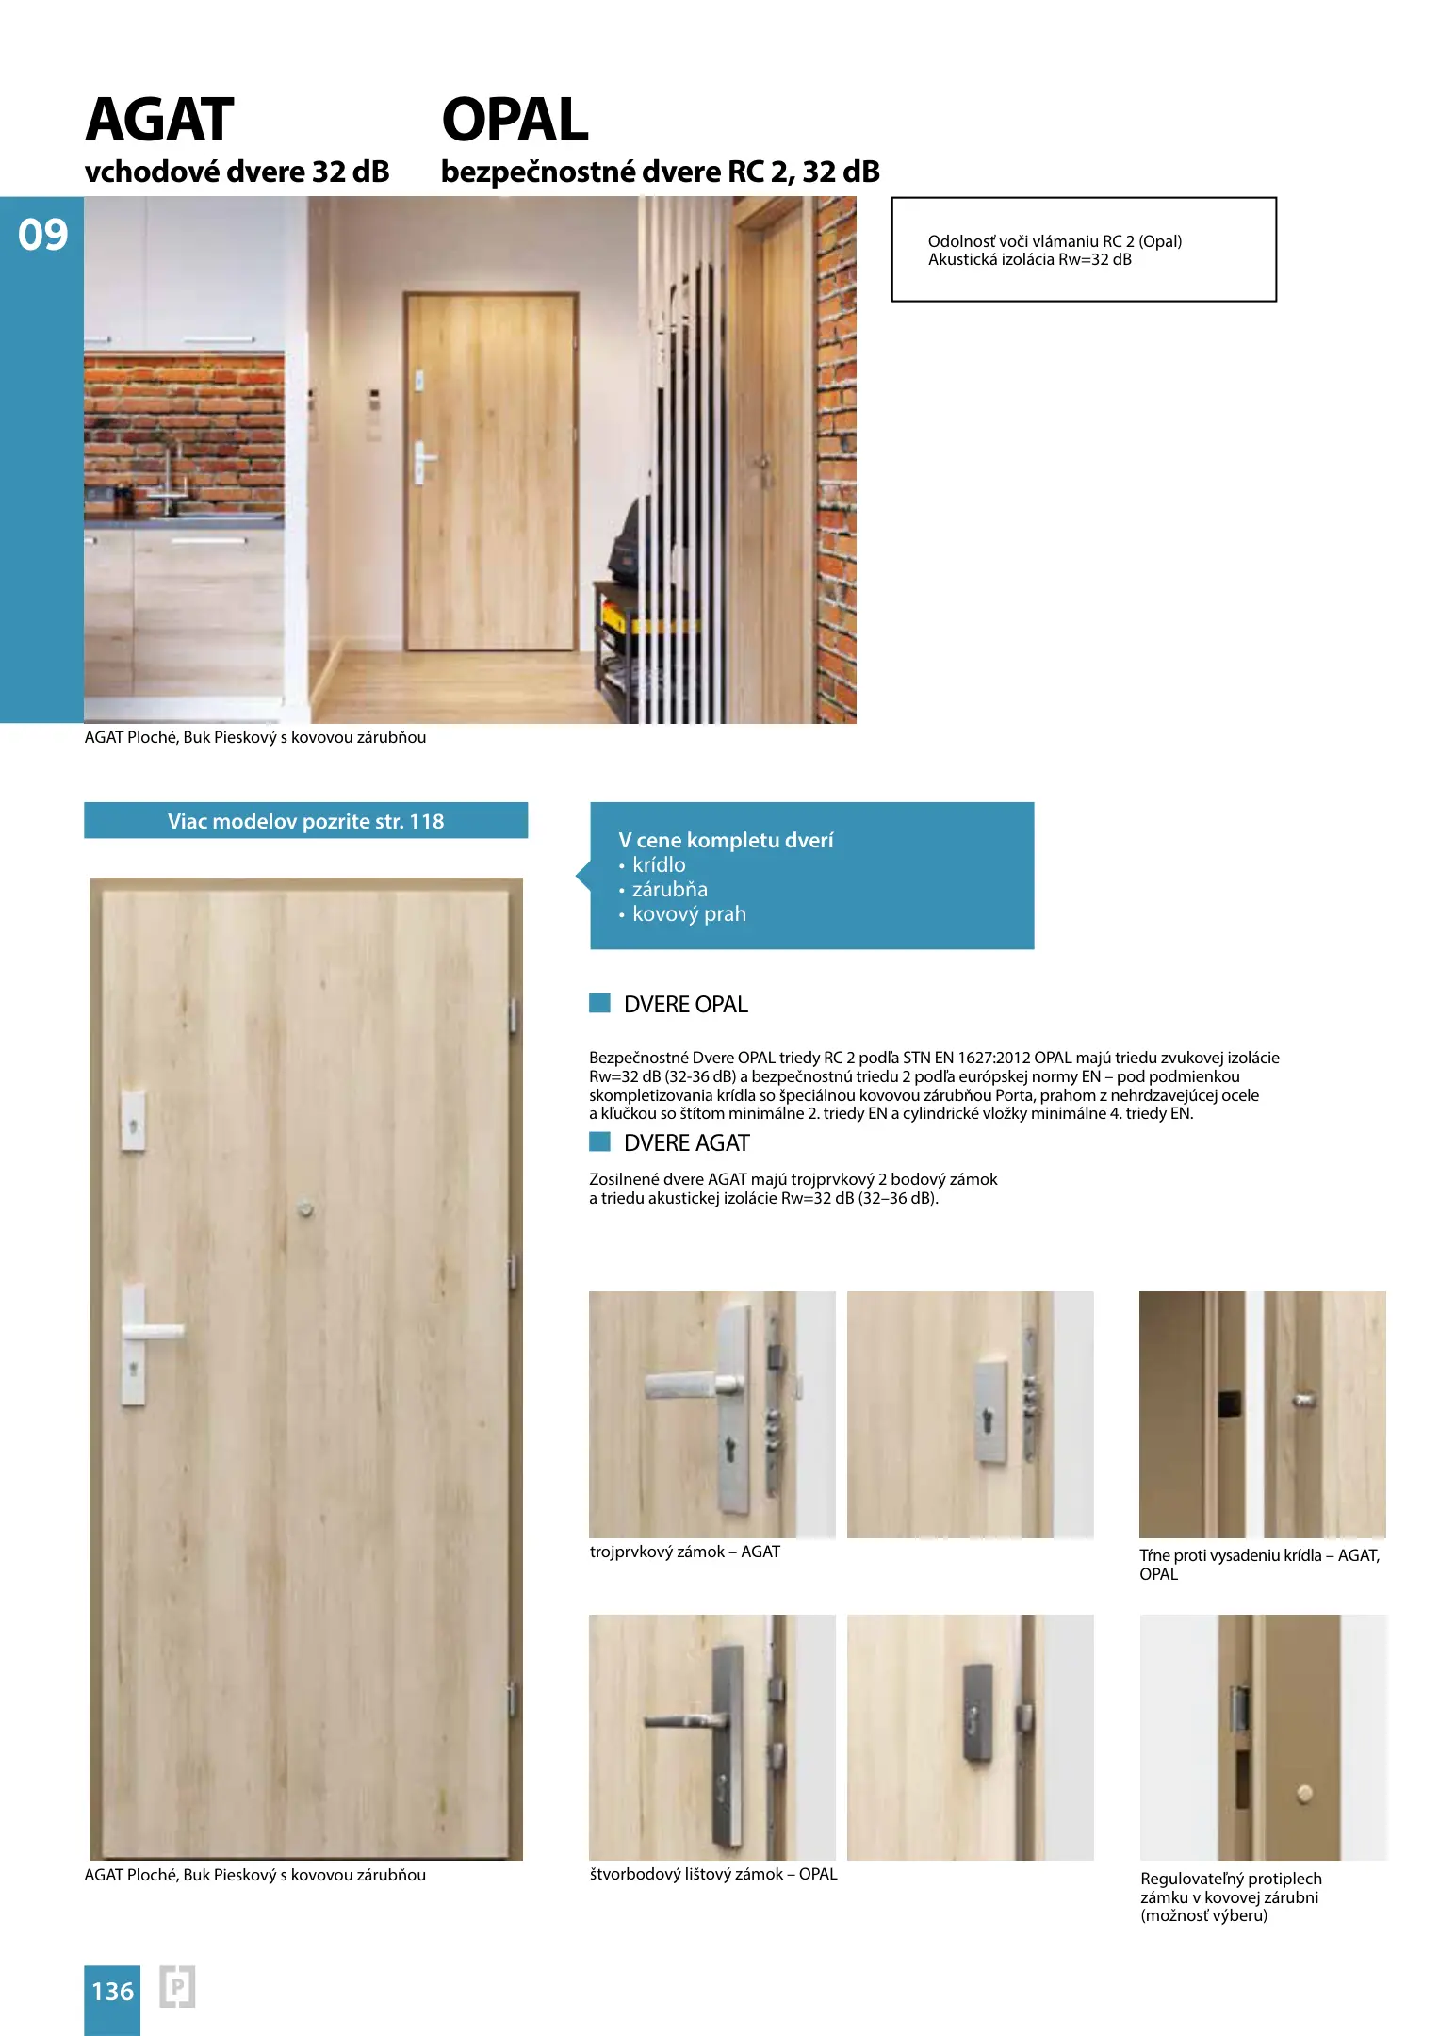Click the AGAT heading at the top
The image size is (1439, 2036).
click(x=159, y=120)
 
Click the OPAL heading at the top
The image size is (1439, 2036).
click(x=515, y=120)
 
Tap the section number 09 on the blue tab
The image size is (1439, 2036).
click(x=42, y=235)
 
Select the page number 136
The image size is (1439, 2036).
click(x=112, y=1991)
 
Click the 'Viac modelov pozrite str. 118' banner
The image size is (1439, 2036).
click(x=305, y=821)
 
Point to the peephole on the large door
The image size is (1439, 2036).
click(x=305, y=1208)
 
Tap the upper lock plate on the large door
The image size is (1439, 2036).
click(x=133, y=1122)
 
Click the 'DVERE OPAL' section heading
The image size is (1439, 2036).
click(x=685, y=1005)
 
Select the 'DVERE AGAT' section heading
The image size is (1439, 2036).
click(x=686, y=1143)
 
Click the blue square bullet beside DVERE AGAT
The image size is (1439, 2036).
click(x=599, y=1141)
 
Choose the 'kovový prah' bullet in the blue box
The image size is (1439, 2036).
click(x=688, y=914)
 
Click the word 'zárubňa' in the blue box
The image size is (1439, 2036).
click(x=669, y=890)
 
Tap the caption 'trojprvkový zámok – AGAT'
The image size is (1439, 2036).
click(x=685, y=1552)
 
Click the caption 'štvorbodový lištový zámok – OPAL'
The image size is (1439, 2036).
click(x=713, y=1874)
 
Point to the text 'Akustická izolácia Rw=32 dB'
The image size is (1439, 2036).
click(x=1029, y=259)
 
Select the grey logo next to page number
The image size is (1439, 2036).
click(x=177, y=1987)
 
